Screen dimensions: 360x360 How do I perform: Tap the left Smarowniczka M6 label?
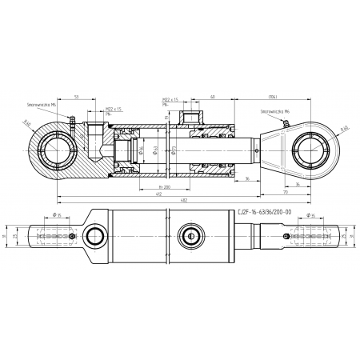click(x=41, y=104)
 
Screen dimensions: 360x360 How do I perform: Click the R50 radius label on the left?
click(x=27, y=123)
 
